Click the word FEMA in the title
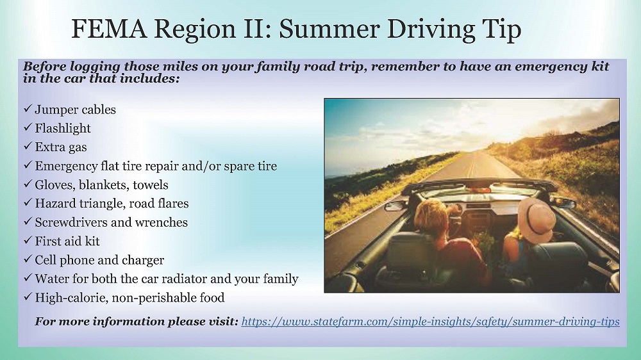[x=109, y=29]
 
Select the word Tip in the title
[x=502, y=29]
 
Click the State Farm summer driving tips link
[x=431, y=322]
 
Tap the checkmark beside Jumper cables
[x=28, y=109]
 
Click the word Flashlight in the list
[x=63, y=128]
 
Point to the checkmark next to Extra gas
[x=28, y=146]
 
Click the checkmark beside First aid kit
[x=28, y=240]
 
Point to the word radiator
[x=181, y=279]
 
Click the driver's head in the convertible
[x=431, y=215]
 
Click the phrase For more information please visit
[x=136, y=322]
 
